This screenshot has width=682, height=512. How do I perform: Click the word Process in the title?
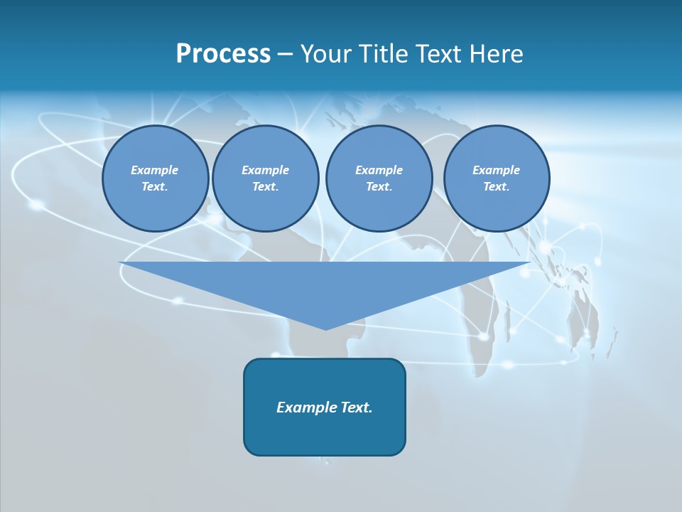(x=223, y=54)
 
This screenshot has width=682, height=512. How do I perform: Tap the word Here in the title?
(x=497, y=54)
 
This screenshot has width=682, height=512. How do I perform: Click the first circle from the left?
(x=155, y=178)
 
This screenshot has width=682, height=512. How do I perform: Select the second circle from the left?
(x=265, y=178)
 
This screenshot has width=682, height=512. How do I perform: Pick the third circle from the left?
(x=379, y=178)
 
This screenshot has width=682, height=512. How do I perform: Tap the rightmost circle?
(x=496, y=178)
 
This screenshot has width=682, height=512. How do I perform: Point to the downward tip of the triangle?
(x=325, y=328)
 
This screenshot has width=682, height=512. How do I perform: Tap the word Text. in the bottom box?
(x=357, y=407)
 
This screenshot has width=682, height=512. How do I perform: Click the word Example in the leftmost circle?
(x=155, y=170)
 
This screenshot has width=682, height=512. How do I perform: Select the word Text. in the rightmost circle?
(x=496, y=187)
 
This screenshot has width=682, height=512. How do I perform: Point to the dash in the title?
(x=284, y=55)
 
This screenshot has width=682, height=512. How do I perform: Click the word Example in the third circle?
(x=379, y=170)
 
